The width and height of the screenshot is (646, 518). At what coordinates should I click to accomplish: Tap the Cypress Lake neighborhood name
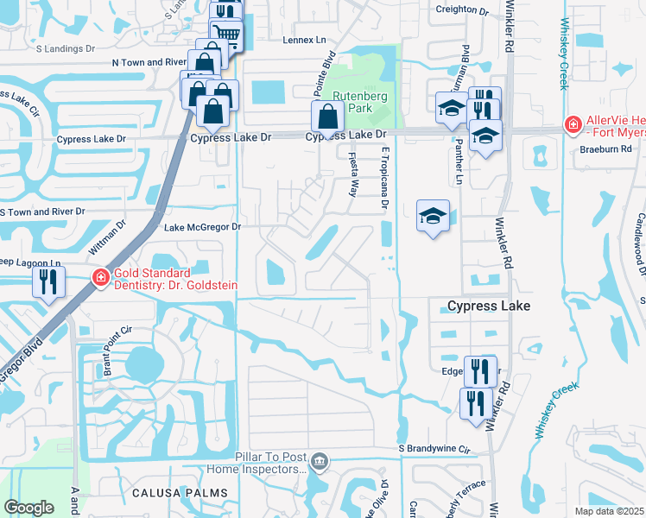click(x=488, y=306)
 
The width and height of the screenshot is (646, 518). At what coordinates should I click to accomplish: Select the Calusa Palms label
click(x=180, y=492)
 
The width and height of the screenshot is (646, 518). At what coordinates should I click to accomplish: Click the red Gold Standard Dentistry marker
click(x=101, y=277)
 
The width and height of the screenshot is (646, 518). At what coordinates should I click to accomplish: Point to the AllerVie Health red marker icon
click(x=572, y=125)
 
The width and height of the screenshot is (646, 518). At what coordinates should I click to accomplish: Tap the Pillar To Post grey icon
click(x=320, y=462)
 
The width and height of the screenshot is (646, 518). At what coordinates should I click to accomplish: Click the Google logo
click(x=29, y=508)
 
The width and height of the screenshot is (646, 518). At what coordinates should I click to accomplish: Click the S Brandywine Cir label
click(x=438, y=450)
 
